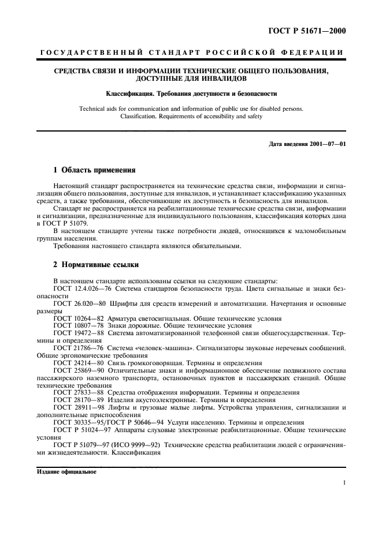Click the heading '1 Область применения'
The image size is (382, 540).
pyautogui.click(x=94, y=170)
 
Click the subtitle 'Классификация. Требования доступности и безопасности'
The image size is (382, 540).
pyautogui.click(x=191, y=92)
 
